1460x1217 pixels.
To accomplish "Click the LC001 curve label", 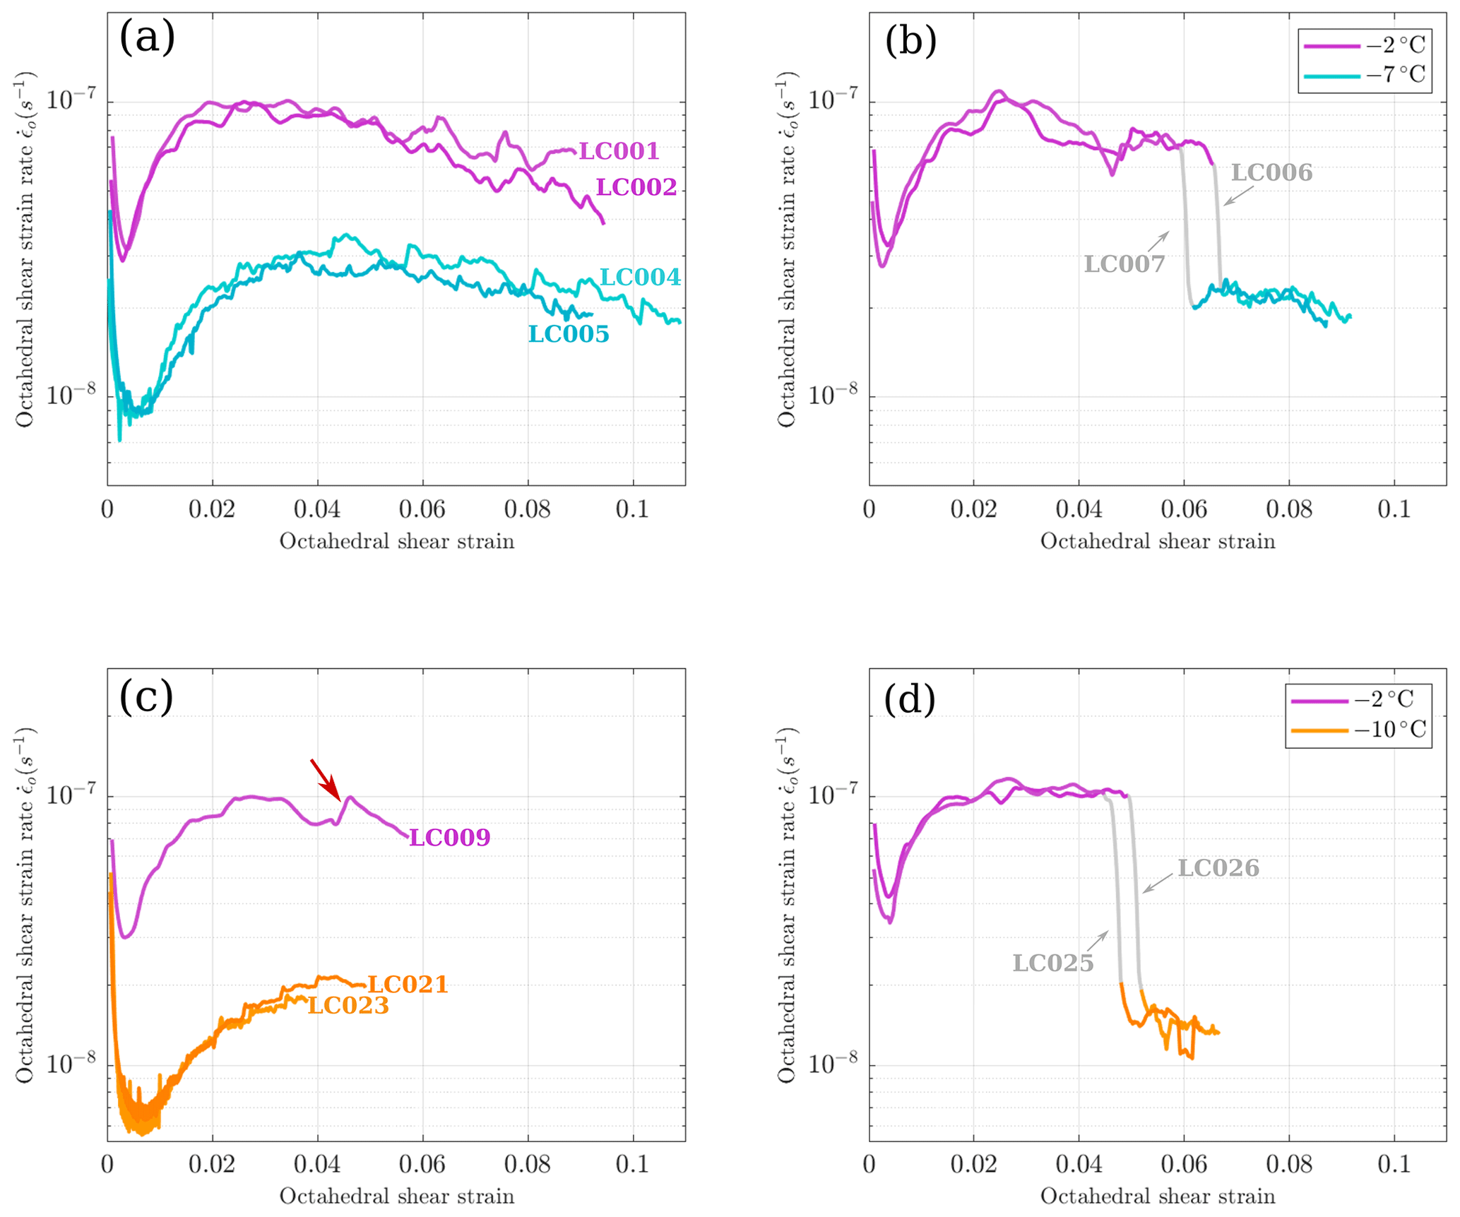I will (619, 151).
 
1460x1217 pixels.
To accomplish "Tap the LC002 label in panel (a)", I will (636, 187).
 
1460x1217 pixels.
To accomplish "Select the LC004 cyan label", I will (640, 278).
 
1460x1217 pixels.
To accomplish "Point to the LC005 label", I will (569, 334).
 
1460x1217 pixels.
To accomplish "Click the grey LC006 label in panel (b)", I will (1271, 173).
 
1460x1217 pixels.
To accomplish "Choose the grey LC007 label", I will (1124, 264).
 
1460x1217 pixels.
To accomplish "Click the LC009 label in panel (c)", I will (450, 838).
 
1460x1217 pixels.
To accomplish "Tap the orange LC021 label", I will (408, 985).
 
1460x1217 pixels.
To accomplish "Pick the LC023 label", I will (348, 1006).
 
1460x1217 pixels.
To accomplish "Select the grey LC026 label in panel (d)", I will (1218, 868).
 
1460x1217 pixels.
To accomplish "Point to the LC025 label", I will (1053, 963).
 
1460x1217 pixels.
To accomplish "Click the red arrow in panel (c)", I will (325, 779).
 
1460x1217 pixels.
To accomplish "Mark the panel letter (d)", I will (910, 699).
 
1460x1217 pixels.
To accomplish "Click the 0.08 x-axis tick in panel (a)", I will (528, 509).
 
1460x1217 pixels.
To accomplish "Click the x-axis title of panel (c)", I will (396, 1196).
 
